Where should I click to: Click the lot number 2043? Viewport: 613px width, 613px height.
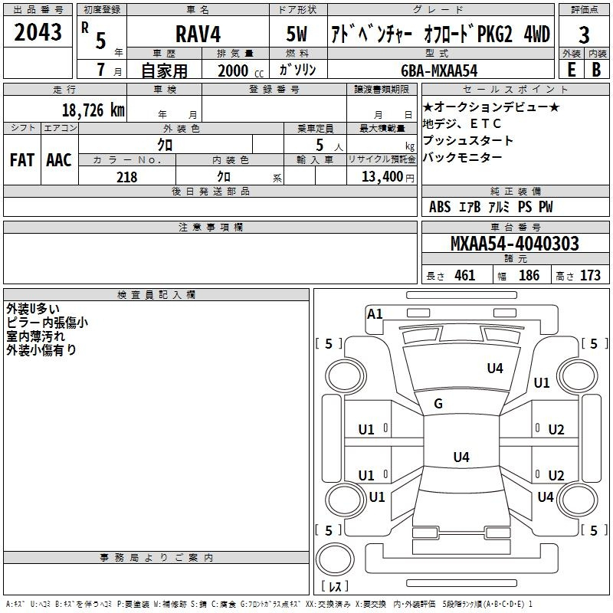click(38, 34)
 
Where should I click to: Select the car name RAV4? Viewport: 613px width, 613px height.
click(198, 35)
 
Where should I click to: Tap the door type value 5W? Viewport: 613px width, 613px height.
click(298, 35)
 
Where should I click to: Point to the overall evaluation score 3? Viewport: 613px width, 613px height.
click(584, 35)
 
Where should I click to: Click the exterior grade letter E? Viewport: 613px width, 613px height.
click(571, 70)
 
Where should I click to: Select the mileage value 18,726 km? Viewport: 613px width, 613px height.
click(93, 110)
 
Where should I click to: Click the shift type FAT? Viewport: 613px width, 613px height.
click(21, 160)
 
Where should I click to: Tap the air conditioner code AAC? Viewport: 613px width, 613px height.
click(58, 160)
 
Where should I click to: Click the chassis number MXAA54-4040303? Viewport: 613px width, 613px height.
click(514, 244)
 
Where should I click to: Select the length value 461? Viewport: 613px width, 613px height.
click(464, 275)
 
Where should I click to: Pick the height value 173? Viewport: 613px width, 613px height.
click(590, 275)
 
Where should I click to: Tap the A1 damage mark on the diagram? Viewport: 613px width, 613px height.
click(375, 313)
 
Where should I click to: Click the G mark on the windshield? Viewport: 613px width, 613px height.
click(438, 404)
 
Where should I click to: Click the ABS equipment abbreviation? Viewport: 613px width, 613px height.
click(440, 207)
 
